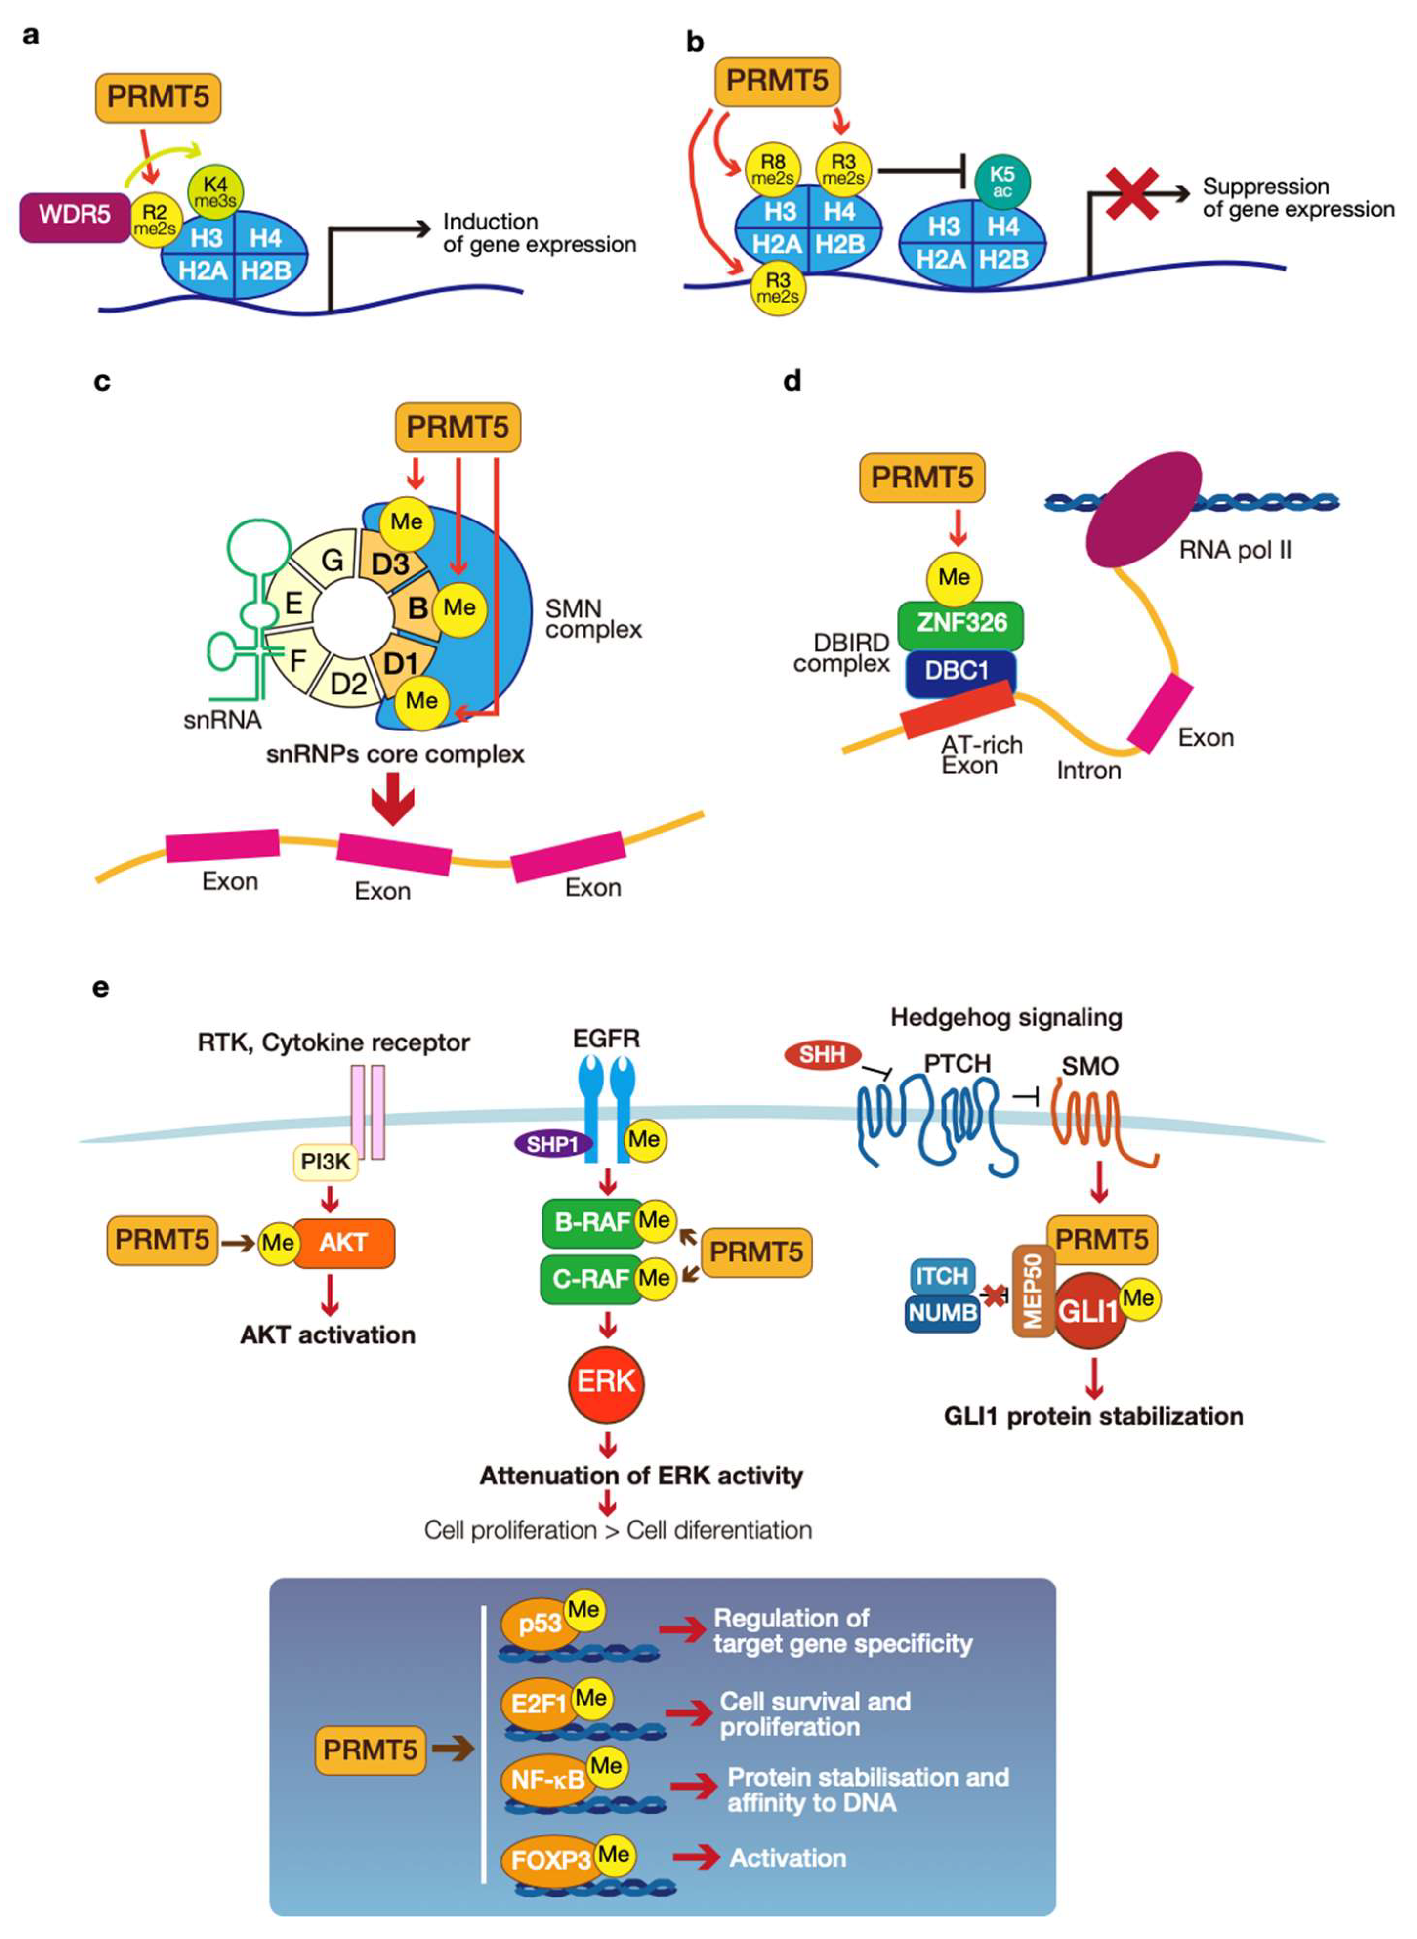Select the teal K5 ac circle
(x=1002, y=182)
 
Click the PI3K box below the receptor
(x=325, y=1162)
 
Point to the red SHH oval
(x=822, y=1054)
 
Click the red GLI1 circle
(x=1087, y=1311)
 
